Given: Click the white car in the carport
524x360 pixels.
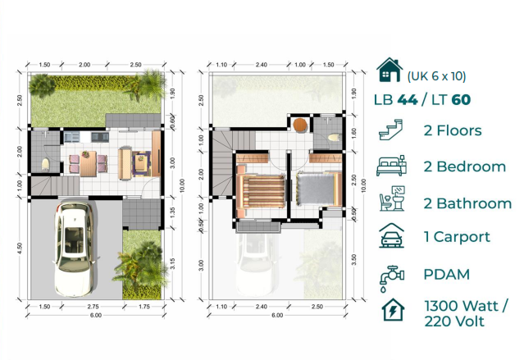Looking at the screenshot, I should pos(76,249).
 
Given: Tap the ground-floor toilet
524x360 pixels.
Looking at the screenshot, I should pos(45,164).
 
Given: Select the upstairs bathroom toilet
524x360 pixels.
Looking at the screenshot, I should pos(331,136).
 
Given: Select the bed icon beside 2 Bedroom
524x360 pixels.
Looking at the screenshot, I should pos(392,166).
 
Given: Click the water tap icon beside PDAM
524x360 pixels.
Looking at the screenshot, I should pos(392,276).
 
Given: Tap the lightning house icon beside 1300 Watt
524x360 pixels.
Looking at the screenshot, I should pos(392,312).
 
